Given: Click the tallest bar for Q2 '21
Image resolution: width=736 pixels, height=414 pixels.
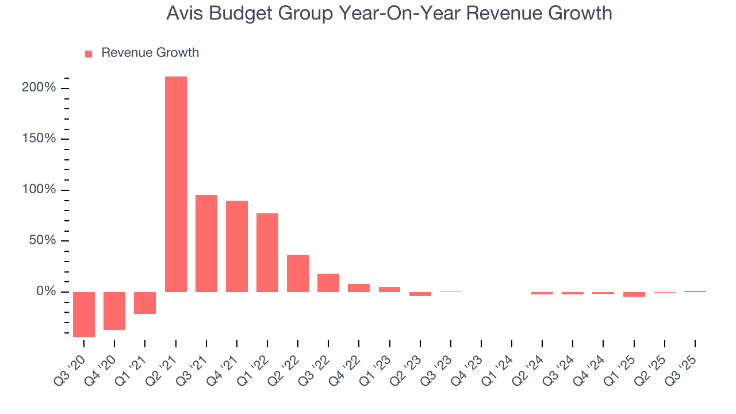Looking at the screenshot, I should point(175,184).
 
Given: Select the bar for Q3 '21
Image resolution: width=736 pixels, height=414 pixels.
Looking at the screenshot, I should point(206,243).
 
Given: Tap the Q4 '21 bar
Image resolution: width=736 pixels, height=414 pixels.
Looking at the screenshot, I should point(237,246).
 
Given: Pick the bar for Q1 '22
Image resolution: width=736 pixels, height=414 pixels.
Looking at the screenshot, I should point(267,252).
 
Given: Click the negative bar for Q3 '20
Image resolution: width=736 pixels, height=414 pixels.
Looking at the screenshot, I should point(84,314).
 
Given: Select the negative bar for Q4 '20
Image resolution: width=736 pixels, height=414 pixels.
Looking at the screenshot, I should point(114,310).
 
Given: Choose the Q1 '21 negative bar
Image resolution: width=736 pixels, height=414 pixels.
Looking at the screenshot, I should point(145,302).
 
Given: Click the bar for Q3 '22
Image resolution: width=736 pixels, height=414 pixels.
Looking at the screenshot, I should point(328,283).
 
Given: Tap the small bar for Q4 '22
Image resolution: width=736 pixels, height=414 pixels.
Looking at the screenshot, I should point(359,288).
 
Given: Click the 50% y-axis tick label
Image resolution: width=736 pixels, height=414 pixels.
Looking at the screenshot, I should point(43,241).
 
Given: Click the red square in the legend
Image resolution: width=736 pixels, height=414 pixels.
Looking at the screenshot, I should point(89,54).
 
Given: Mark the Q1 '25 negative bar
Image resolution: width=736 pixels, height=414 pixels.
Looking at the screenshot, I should point(634,294).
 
